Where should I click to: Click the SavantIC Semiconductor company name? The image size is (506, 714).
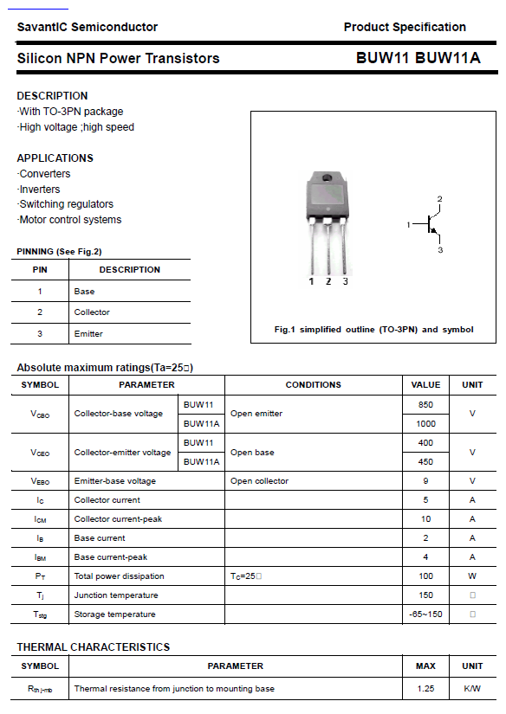click(87, 27)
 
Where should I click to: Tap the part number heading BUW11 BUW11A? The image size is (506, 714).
click(418, 59)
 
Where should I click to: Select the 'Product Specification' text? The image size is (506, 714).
click(405, 27)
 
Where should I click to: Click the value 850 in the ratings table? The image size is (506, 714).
click(425, 404)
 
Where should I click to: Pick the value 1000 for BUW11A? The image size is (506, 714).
click(425, 423)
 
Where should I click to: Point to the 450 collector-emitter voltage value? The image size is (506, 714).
click(425, 461)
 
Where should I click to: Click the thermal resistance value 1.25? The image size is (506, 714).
click(425, 688)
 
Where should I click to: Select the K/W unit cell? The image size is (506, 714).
click(472, 688)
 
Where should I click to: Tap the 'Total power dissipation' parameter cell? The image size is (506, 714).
click(119, 576)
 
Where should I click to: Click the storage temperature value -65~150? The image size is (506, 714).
click(425, 614)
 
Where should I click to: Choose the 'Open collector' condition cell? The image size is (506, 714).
click(259, 480)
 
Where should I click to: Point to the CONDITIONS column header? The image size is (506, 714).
click(313, 384)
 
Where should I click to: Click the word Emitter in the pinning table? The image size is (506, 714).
click(88, 333)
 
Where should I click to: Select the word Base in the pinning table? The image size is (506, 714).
click(84, 291)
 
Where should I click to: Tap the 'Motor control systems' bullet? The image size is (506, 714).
click(70, 220)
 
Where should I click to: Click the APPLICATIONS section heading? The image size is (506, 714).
click(55, 158)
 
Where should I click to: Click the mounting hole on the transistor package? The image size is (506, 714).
click(328, 179)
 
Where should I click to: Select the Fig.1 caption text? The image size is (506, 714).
click(373, 329)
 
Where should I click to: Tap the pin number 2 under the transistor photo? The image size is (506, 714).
click(328, 281)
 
